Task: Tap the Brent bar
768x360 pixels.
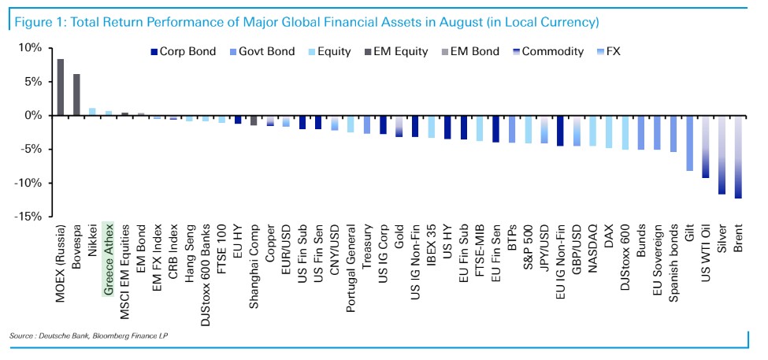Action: [x=738, y=157]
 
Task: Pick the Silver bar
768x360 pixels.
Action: [x=722, y=154]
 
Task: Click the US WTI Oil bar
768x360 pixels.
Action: [x=706, y=147]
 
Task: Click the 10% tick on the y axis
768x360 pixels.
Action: [x=28, y=48]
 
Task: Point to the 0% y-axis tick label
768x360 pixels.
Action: [x=32, y=116]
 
